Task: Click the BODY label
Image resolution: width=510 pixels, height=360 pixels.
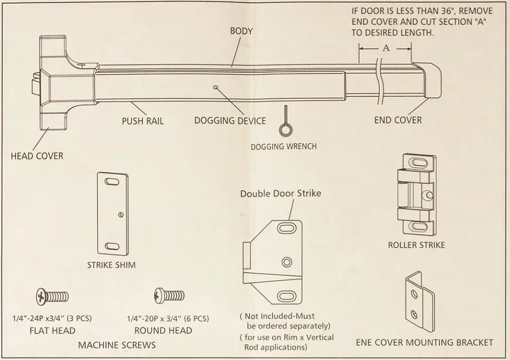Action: point(241,31)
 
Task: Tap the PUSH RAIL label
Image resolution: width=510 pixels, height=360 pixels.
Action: point(143,121)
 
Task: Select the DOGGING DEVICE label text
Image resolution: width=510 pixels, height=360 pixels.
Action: point(230,121)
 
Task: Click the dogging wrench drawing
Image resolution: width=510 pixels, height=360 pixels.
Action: point(285,124)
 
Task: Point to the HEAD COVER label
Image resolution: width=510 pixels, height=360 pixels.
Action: point(37,156)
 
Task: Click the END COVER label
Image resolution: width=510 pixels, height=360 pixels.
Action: point(398,120)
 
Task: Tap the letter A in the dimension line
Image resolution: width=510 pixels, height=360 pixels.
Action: point(386,48)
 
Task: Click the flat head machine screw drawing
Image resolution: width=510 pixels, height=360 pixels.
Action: point(52,297)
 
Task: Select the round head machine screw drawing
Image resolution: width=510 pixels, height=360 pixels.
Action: point(168,295)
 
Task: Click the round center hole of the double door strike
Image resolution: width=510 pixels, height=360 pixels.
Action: point(287,262)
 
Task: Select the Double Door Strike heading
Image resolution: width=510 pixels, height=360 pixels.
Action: point(280,193)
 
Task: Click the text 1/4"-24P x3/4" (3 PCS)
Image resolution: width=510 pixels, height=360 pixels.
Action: point(52,318)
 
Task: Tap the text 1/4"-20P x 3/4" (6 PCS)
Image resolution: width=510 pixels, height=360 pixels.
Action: point(167,318)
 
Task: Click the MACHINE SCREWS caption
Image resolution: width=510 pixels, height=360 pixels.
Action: point(116,345)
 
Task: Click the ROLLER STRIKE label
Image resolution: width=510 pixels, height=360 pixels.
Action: point(416,245)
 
